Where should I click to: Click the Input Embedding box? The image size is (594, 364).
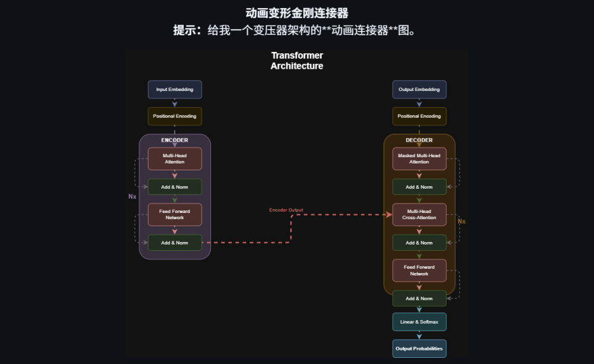[174, 89]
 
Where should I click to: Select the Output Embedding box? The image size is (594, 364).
[419, 89]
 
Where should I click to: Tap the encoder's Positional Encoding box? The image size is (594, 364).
[174, 116]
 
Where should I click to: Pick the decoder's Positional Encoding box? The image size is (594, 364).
[419, 116]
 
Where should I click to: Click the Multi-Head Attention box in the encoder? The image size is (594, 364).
[174, 158]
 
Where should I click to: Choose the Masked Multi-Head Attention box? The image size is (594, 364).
[419, 158]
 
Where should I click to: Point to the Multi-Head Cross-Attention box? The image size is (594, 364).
[419, 214]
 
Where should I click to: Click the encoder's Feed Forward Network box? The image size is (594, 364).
[174, 214]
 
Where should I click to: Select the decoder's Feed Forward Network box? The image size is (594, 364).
[419, 270]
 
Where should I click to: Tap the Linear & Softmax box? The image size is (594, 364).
[419, 322]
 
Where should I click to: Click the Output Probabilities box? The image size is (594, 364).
[419, 349]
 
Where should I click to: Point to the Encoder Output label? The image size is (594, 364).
[286, 210]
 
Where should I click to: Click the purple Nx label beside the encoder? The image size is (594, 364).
[132, 196]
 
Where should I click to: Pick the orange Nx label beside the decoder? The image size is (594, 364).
[461, 221]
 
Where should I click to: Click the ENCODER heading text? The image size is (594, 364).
[174, 140]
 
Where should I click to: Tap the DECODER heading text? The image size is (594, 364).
[419, 140]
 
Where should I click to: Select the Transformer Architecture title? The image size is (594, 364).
[297, 61]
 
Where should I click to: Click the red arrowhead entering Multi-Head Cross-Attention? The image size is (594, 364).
[389, 215]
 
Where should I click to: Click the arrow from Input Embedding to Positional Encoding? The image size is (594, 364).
[174, 103]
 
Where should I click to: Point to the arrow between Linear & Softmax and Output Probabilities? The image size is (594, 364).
[419, 336]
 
